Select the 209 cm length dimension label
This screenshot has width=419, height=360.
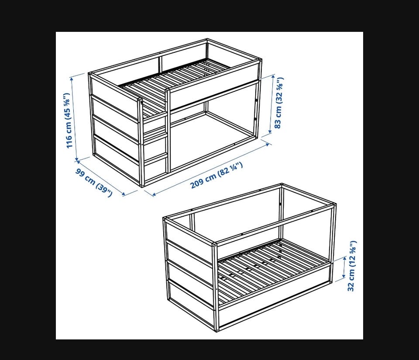216,175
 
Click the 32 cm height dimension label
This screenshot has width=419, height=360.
352,266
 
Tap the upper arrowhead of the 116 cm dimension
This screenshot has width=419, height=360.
72,79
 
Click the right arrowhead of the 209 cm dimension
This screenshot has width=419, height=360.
267,145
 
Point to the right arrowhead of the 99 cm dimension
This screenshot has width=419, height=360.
124,194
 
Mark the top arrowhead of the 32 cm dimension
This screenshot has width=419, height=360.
345,258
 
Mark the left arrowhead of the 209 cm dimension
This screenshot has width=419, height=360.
153,194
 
